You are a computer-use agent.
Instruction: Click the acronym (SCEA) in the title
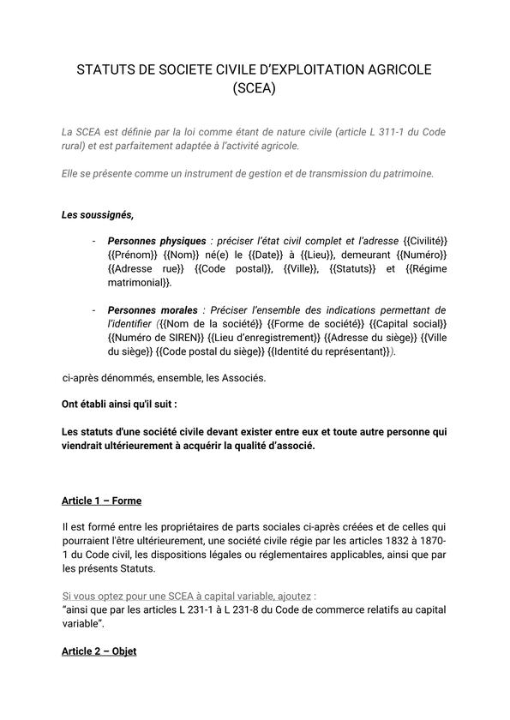(x=255, y=87)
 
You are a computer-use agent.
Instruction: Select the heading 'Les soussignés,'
(x=98, y=214)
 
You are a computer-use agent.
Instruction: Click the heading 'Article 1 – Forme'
(x=101, y=501)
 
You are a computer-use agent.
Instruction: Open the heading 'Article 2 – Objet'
(x=99, y=651)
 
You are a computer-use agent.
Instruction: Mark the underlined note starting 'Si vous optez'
(x=189, y=595)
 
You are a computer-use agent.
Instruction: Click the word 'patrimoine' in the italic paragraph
(x=402, y=173)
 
